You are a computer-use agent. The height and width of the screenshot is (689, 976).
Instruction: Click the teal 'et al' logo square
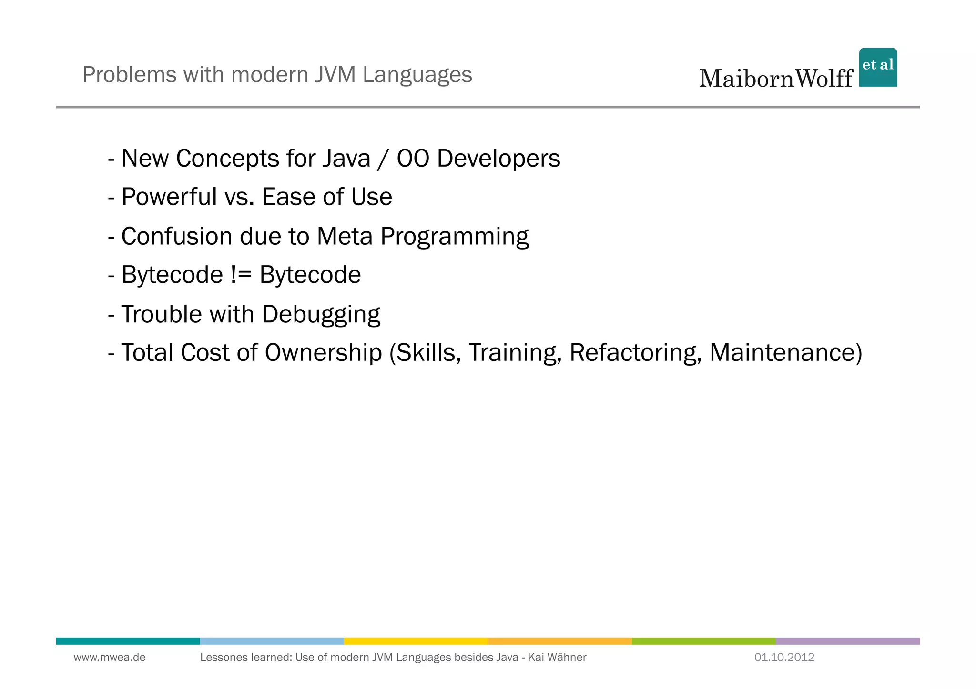click(877, 67)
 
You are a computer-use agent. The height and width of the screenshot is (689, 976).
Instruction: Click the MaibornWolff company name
click(776, 78)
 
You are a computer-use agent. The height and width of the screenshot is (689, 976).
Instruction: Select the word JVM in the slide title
click(335, 75)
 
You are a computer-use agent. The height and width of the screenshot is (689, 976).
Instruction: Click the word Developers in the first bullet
click(498, 159)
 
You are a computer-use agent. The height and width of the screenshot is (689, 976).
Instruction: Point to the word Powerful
click(169, 197)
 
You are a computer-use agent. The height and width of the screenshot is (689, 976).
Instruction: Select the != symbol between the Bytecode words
click(241, 275)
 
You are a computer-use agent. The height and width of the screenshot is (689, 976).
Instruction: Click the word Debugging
click(321, 315)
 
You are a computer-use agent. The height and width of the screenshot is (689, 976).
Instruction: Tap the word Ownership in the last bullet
click(323, 353)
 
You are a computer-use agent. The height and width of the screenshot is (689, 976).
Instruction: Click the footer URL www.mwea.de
click(110, 658)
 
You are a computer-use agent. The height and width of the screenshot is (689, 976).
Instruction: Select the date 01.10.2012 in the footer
click(784, 658)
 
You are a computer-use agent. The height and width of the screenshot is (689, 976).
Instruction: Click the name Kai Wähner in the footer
click(557, 658)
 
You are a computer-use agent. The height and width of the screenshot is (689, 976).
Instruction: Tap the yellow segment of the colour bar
click(416, 641)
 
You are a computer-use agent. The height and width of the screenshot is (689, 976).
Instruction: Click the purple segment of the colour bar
click(847, 641)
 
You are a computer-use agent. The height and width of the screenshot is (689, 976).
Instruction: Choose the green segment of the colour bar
click(703, 641)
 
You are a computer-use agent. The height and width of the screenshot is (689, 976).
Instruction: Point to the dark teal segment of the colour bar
click(128, 641)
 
